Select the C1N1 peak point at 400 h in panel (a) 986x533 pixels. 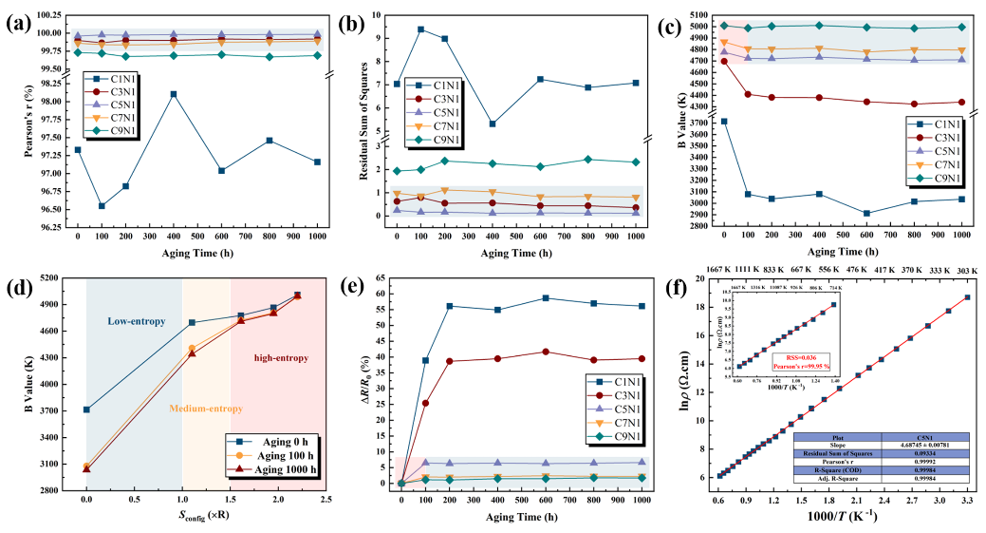tap(174, 94)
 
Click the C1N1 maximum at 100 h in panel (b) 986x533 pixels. tap(420, 29)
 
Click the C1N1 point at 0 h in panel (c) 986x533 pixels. tap(724, 122)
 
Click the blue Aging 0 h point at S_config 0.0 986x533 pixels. tap(86, 409)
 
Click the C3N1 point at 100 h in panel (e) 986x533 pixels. tap(425, 403)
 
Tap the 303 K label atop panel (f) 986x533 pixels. tap(967, 269)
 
